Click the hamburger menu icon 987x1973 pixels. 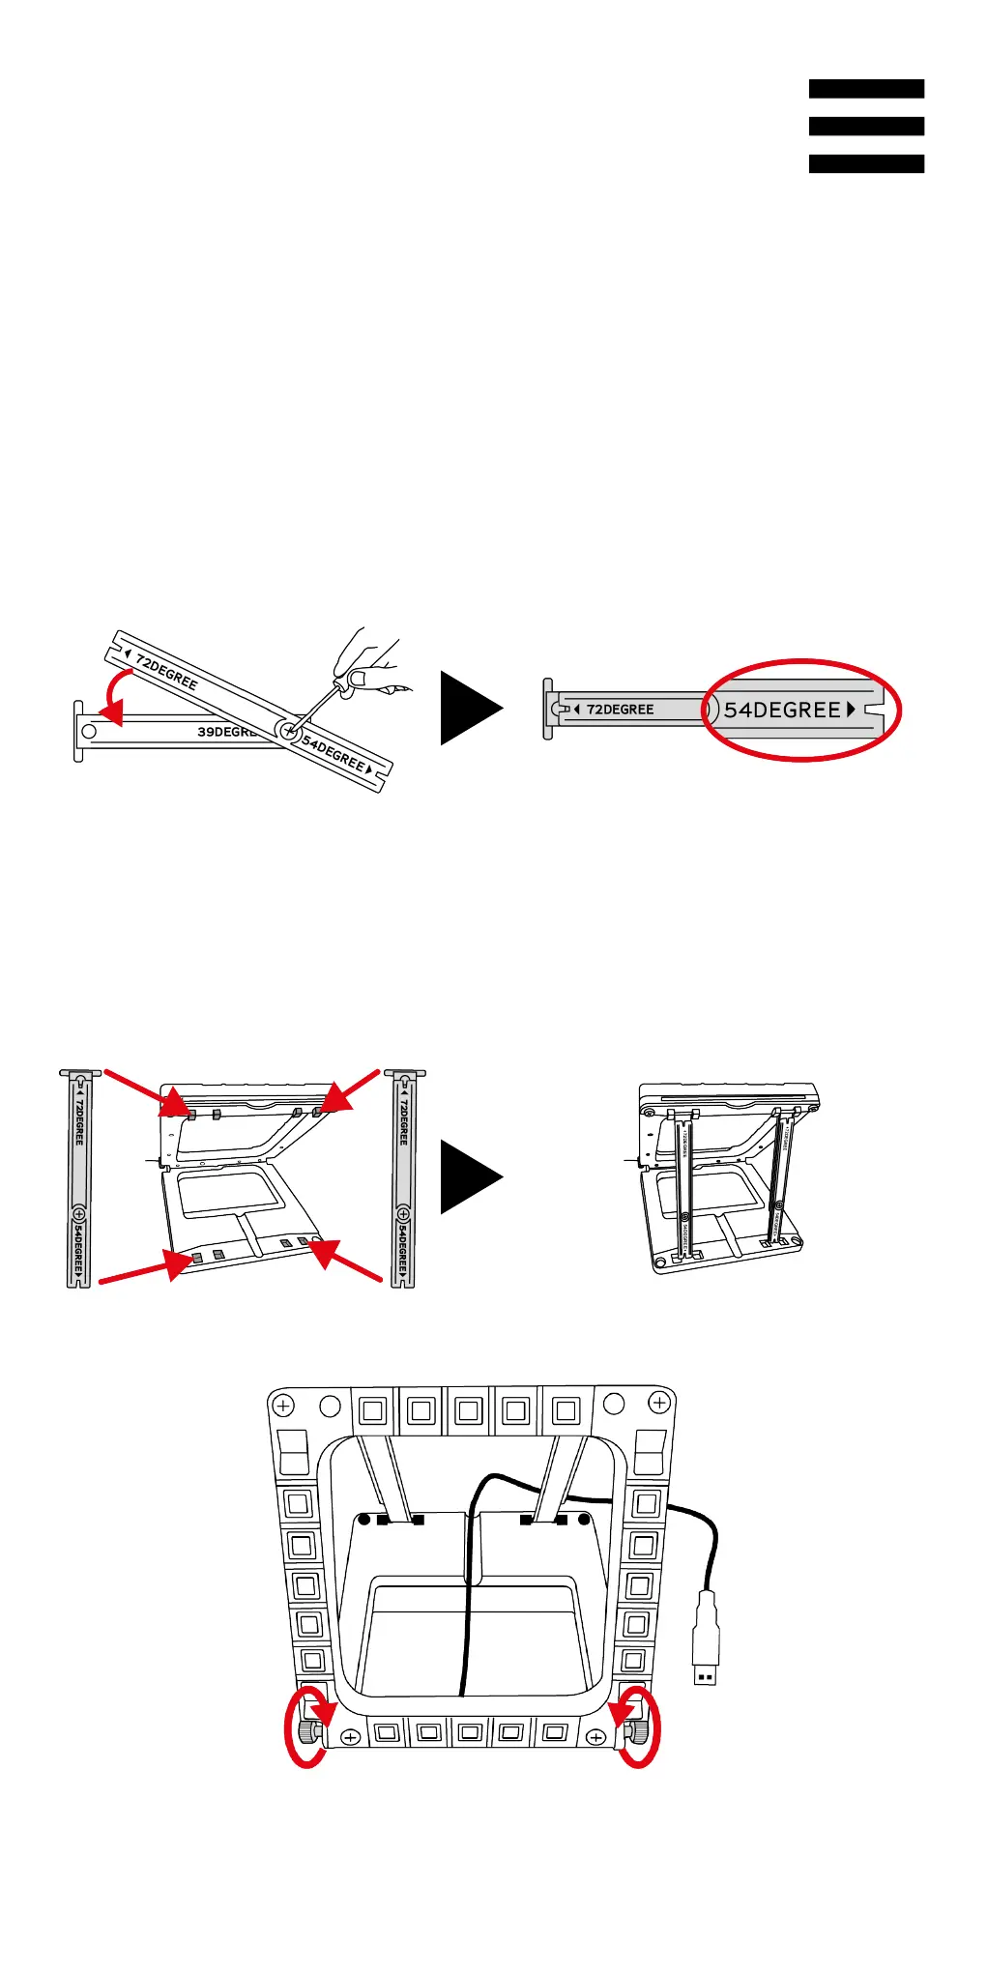click(866, 126)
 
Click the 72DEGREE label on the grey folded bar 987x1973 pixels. click(620, 710)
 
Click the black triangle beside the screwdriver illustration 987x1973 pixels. click(470, 708)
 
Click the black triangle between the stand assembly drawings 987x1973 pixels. click(470, 1176)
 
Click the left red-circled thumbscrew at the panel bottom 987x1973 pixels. click(308, 1729)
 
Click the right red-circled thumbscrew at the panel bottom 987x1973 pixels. click(636, 1729)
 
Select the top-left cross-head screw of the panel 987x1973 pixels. click(283, 1404)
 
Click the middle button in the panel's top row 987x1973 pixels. click(469, 1410)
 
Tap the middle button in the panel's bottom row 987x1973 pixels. click(471, 1731)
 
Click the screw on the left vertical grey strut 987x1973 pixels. click(79, 1214)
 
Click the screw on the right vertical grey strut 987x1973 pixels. click(404, 1214)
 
